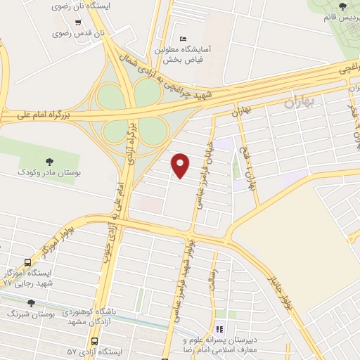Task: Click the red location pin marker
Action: point(181,165)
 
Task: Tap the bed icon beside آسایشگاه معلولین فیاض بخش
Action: point(184,38)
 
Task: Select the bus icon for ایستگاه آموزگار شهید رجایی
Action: point(27,262)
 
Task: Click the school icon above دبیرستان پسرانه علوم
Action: point(219,328)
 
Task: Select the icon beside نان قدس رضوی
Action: point(57,32)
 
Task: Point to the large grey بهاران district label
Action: point(302,103)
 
